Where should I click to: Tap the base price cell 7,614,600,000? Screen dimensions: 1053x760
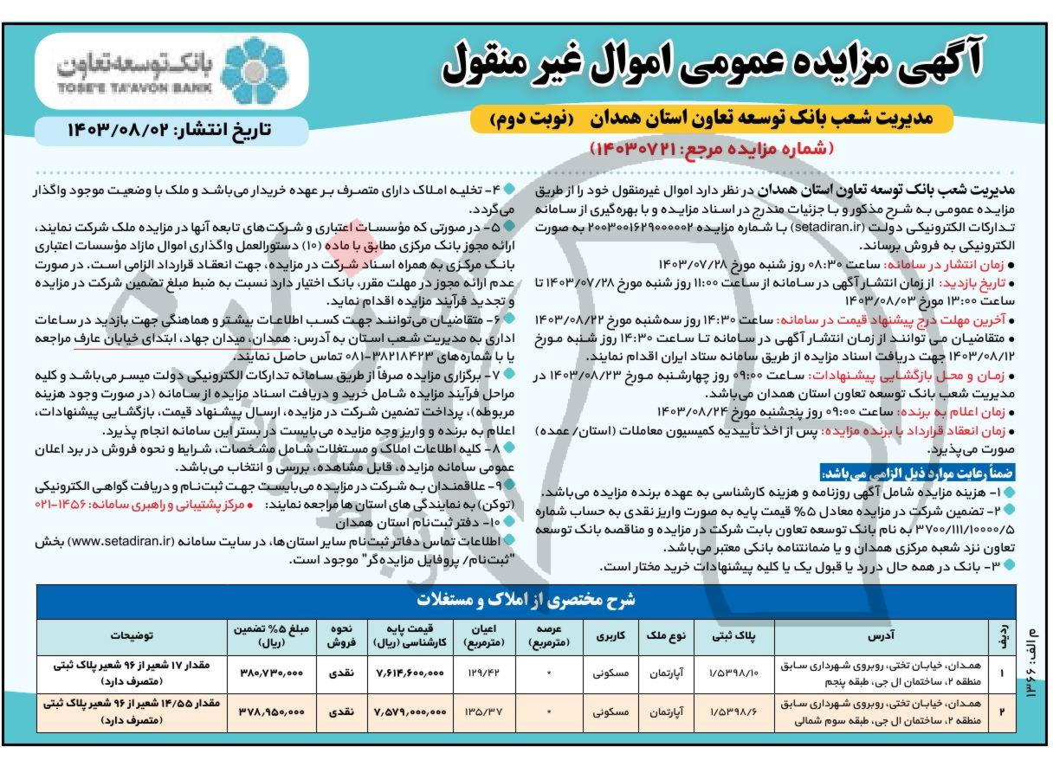(x=409, y=672)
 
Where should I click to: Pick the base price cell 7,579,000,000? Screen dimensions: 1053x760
(x=409, y=712)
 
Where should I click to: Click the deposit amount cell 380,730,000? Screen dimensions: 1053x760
(x=270, y=672)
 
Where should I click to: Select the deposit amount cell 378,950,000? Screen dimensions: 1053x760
(x=270, y=712)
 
